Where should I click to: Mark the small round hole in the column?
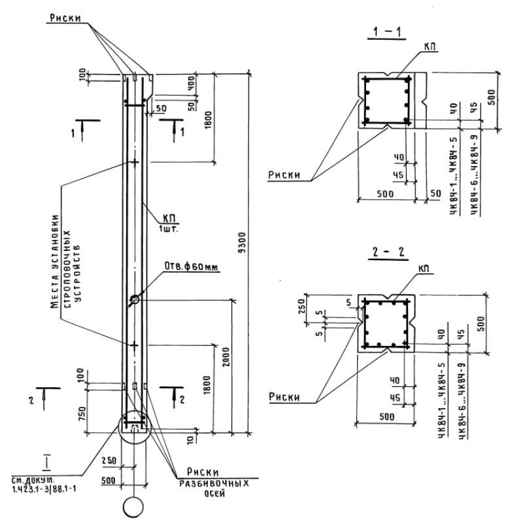(134, 300)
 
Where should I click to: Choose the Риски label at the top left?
(65, 18)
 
